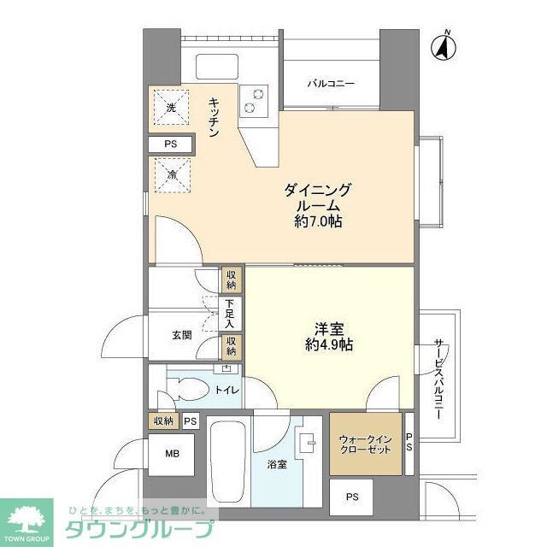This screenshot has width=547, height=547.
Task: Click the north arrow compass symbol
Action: point(443,48)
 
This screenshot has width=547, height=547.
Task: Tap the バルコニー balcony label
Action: point(331,83)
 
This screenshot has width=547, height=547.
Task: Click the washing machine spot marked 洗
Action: point(171,108)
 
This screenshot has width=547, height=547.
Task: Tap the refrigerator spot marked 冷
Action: point(171,176)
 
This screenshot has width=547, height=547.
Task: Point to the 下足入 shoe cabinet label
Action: point(230,314)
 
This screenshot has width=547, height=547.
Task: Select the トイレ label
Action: point(226,390)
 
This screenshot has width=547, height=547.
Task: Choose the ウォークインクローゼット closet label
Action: point(365,444)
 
